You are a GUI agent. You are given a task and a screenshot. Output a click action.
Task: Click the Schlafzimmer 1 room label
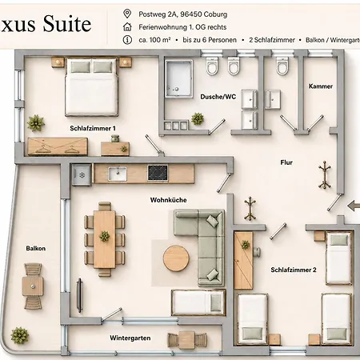coord(93,128)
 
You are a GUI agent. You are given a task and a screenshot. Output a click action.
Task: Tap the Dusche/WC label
coord(218,97)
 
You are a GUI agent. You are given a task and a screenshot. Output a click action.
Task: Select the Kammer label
coord(321,86)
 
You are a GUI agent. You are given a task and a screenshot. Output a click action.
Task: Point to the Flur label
coord(286,162)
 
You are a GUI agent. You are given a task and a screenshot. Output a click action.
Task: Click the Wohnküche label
coord(168,200)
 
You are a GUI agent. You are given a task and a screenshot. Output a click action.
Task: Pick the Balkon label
coord(36,248)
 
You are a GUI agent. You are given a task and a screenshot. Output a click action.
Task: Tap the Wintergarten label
coord(130,338)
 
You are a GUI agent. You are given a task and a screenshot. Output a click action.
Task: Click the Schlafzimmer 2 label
coord(294,270)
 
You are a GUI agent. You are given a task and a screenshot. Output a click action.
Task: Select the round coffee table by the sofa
coord(176,258)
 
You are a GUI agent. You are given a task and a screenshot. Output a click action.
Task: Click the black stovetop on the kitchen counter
coord(158,173)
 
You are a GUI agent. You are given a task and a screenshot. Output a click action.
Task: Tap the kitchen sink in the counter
coord(118,174)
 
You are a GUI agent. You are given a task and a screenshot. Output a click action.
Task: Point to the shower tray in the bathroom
coord(178,78)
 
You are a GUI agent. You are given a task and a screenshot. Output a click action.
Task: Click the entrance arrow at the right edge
coord(354,206)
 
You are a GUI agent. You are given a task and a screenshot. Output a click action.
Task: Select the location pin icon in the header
coord(127,14)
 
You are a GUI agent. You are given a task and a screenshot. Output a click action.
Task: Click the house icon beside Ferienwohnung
coord(127,26)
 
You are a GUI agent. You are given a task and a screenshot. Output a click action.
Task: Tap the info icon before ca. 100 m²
coord(127,40)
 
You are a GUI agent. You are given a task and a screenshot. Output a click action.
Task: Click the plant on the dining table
coord(105,236)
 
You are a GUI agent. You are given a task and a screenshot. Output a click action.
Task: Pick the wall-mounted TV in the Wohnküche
coord(79,295)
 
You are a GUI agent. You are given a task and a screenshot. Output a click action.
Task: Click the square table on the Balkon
coord(33,286)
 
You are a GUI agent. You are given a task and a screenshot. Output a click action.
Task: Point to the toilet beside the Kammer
coord(282,66)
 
